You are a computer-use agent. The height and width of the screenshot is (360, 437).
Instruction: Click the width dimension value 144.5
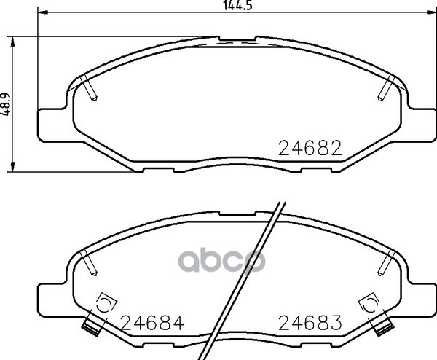point(237,5)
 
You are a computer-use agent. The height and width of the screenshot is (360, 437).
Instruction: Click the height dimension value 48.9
point(6,103)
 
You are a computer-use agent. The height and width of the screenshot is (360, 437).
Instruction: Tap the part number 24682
point(310,148)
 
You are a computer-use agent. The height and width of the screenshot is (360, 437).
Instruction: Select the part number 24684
point(153,323)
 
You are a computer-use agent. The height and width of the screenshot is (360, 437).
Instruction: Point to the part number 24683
point(310,323)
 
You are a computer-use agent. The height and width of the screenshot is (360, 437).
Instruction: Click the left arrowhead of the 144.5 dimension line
point(43,12)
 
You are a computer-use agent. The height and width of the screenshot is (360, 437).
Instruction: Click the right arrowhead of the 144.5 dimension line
point(431,12)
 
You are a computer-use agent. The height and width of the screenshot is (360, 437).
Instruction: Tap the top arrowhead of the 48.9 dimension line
point(12,42)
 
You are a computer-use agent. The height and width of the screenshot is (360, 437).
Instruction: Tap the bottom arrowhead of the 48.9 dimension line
point(12,166)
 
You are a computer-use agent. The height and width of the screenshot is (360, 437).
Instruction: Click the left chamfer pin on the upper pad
point(88,88)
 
